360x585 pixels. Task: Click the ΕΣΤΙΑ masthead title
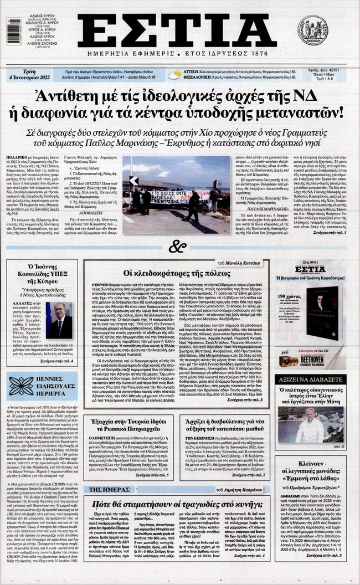point(176,31)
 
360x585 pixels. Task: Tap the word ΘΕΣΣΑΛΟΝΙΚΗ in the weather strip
point(202,78)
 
